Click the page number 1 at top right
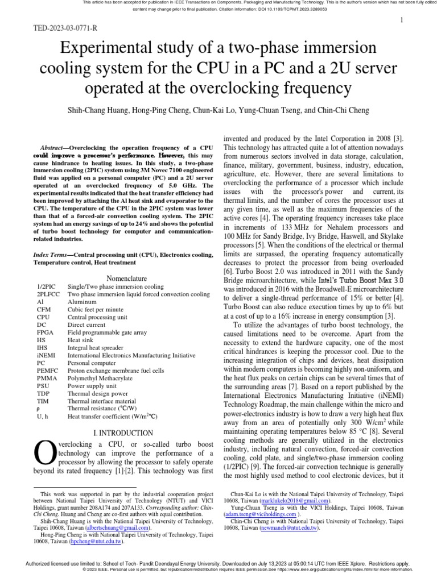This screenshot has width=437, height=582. pos(402,20)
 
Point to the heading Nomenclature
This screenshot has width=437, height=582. pos(123,278)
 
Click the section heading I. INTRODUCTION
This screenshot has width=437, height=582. pos(123,433)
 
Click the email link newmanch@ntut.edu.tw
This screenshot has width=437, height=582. pos(288,528)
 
